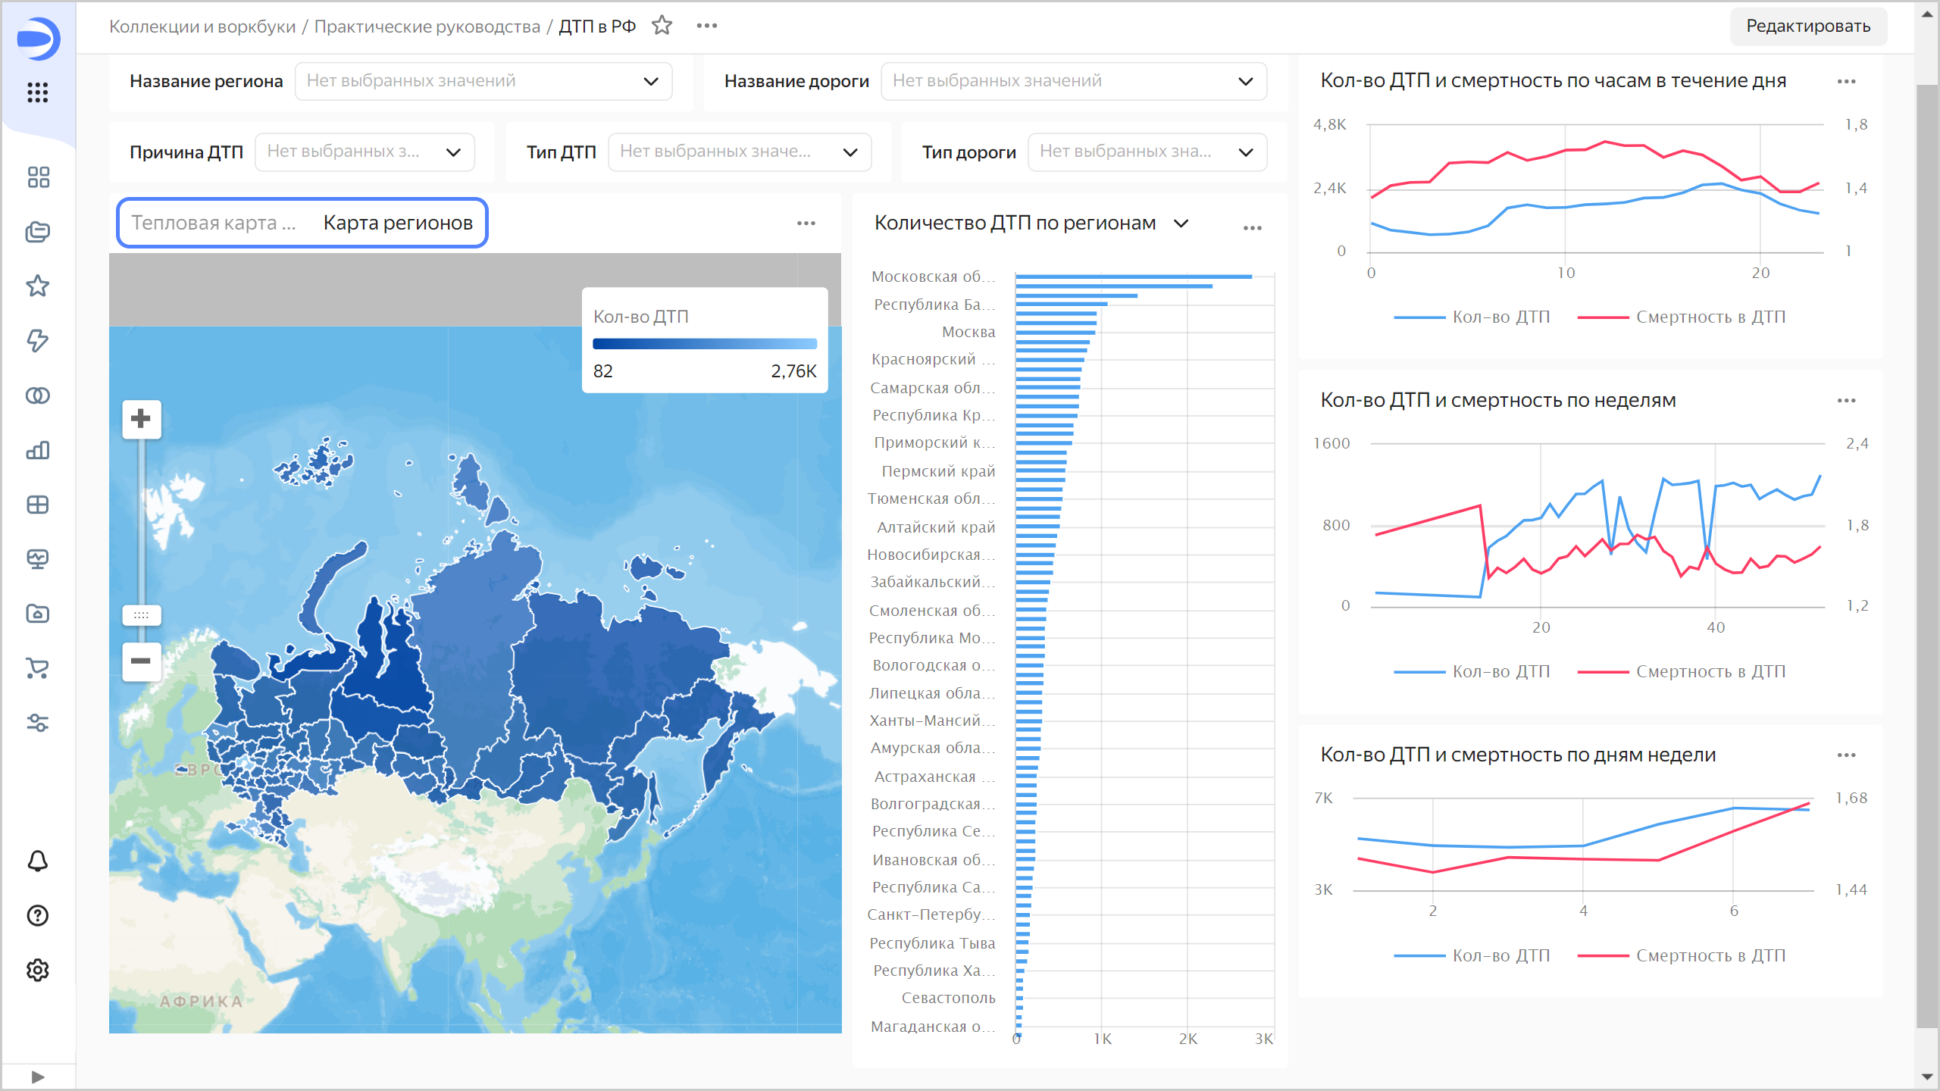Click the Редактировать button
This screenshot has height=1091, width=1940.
point(1807,27)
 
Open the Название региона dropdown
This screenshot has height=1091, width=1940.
point(483,81)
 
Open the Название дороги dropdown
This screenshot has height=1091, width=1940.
point(1073,81)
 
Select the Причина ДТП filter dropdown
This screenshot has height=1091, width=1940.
point(365,152)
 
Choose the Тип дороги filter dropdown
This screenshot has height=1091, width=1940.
point(1147,152)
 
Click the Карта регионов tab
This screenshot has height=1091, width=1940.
point(398,223)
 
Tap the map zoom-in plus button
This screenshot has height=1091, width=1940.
point(141,419)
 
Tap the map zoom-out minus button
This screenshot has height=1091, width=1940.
point(141,661)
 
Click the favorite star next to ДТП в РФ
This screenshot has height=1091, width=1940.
point(662,26)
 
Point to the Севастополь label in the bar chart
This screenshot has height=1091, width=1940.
point(948,998)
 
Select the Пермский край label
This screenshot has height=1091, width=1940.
point(938,471)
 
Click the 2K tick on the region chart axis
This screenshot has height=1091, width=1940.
point(1187,1039)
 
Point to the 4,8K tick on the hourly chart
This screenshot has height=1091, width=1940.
point(1330,124)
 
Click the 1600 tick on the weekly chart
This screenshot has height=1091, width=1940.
point(1331,443)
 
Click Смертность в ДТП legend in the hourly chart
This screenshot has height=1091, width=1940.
point(1710,317)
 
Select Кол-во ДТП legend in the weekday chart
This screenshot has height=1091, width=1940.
point(1500,955)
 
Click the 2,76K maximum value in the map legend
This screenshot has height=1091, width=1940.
point(793,371)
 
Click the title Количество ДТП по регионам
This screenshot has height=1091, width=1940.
point(1015,223)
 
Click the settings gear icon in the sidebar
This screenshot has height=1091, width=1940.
point(38,970)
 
